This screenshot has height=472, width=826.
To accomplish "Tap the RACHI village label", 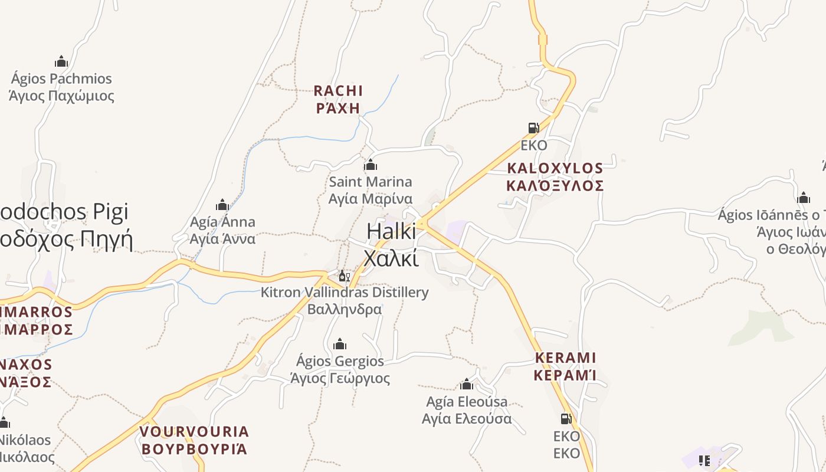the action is [x=338, y=99].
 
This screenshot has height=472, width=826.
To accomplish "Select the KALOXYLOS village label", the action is [x=555, y=177].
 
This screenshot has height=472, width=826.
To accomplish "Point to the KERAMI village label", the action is [x=565, y=366].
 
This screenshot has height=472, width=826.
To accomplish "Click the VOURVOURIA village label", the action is [x=194, y=440].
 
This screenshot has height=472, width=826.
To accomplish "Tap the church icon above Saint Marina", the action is [x=371, y=165].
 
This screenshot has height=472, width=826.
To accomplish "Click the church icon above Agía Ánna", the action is [x=222, y=205].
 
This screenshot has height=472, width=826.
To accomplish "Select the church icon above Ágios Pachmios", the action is [x=61, y=61].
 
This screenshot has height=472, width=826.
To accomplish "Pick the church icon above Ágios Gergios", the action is [x=340, y=344].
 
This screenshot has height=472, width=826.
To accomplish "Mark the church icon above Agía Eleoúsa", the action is [x=467, y=385].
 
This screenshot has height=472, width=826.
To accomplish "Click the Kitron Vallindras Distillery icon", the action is [x=344, y=276].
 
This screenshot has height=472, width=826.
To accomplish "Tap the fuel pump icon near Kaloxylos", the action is [x=533, y=127].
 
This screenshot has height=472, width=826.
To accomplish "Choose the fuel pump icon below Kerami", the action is [x=566, y=419].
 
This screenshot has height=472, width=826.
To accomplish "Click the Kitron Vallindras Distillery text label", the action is [x=345, y=300].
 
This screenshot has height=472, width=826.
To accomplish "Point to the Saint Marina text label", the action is [x=371, y=190].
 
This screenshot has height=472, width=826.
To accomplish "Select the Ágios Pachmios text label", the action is [x=61, y=87].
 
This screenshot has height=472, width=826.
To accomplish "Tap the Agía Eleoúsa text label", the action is [x=467, y=410].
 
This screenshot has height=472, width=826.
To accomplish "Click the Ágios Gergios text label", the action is [x=340, y=369].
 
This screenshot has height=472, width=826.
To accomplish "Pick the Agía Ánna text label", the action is [x=222, y=230].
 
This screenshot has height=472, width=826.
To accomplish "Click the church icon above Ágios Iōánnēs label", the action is [x=803, y=198].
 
